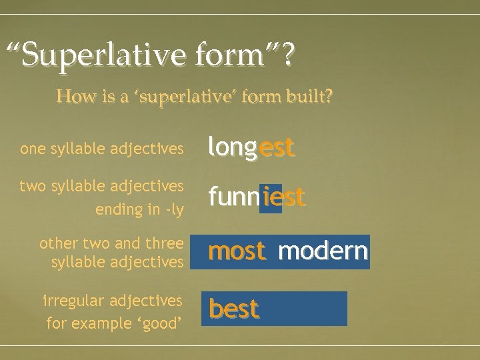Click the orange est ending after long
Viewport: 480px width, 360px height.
tap(277, 148)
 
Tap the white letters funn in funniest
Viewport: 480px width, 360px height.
tap(235, 197)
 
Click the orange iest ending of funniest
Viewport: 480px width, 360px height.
tap(283, 197)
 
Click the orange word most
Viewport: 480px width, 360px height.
tap(237, 251)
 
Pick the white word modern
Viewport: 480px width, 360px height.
tap(323, 251)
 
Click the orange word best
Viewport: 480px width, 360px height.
tap(233, 309)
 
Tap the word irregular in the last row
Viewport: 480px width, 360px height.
tap(70, 301)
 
